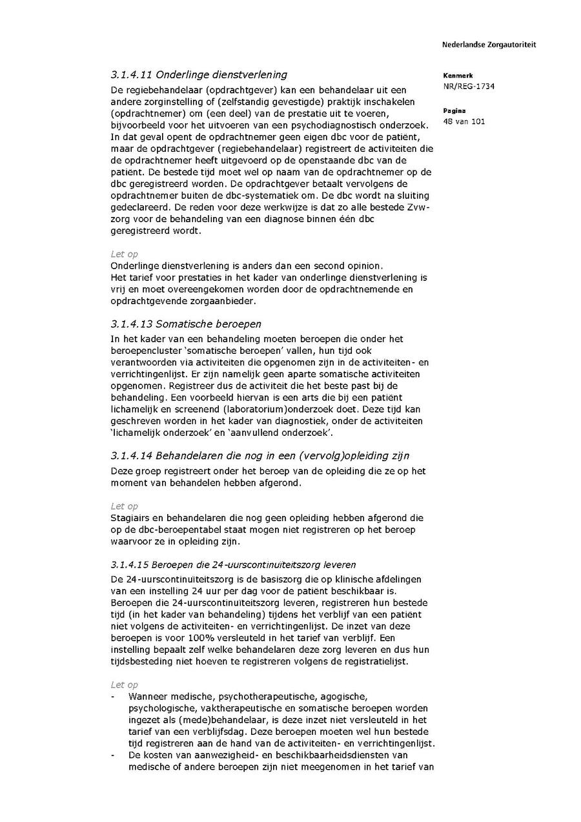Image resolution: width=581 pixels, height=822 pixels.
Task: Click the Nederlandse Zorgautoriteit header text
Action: coord(489,45)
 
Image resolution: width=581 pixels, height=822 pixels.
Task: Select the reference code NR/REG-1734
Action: coord(469,86)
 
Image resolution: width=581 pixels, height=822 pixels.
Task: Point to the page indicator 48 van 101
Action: coord(464,121)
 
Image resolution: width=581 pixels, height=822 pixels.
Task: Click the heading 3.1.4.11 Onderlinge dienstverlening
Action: coord(199,75)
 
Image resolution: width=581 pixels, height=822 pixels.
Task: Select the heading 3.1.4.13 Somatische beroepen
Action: coord(186,324)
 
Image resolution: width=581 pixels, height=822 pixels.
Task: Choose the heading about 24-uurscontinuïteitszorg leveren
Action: coord(233,564)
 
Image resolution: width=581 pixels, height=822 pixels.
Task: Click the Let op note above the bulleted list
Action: coord(124,684)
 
